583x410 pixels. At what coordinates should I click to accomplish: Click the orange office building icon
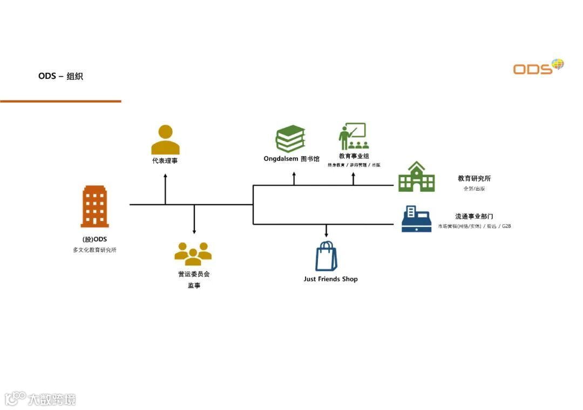[95, 206]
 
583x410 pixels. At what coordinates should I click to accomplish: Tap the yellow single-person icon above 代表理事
[165, 140]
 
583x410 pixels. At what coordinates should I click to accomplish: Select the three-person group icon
[193, 253]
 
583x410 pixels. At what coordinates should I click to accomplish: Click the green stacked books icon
[290, 139]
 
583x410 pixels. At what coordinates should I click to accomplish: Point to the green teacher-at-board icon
[353, 137]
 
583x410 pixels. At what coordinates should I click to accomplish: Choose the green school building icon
[416, 177]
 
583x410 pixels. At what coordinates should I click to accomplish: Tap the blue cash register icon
[416, 219]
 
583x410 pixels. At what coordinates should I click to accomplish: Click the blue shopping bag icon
[326, 256]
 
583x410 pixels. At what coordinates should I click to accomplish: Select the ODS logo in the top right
[538, 66]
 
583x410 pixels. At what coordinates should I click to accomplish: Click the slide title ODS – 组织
[60, 76]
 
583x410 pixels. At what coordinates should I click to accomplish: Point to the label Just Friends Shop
[330, 279]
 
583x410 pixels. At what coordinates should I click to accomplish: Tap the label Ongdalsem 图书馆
[291, 159]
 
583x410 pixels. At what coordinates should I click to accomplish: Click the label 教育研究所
[474, 179]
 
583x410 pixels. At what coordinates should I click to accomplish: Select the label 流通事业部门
[474, 217]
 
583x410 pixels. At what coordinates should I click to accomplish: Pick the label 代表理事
[165, 161]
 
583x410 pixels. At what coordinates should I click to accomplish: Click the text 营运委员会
[194, 274]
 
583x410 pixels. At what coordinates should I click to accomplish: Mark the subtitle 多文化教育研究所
[94, 250]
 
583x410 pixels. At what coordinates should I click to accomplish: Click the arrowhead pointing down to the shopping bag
[326, 235]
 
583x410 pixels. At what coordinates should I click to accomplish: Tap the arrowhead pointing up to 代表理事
[165, 176]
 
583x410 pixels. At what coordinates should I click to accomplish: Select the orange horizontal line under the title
[60, 101]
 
